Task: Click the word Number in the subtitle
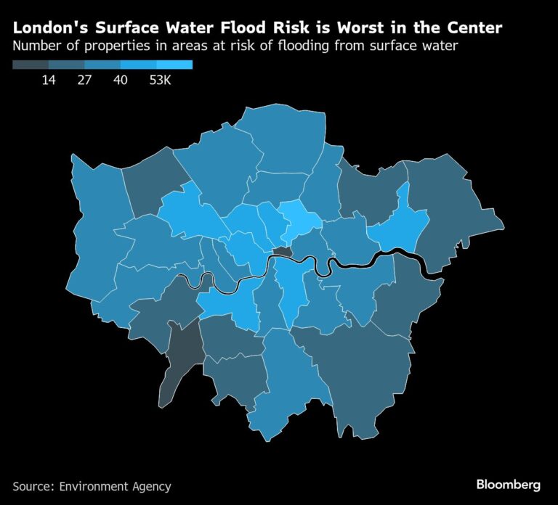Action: click(x=37, y=47)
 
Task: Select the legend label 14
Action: click(x=49, y=81)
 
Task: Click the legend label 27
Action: click(x=84, y=81)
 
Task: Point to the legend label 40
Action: click(x=121, y=81)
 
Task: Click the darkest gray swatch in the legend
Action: click(x=31, y=65)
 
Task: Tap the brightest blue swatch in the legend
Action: click(x=174, y=65)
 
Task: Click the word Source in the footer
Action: click(x=35, y=485)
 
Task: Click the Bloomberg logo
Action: click(x=509, y=484)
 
